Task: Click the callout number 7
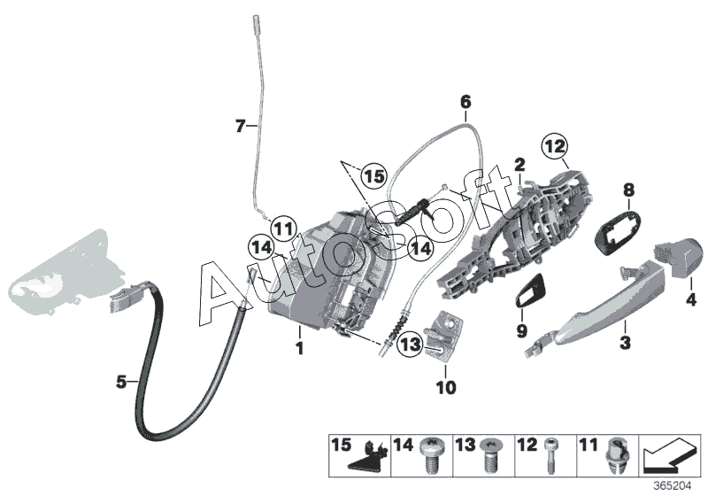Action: pos(239,127)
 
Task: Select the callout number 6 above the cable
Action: pos(465,104)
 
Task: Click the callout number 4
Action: pos(692,300)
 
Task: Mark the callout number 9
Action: pos(520,332)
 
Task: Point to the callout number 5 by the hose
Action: pos(121,383)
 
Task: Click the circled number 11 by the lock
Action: pos(281,229)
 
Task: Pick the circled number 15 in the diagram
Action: pos(374,177)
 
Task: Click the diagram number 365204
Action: pos(675,486)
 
